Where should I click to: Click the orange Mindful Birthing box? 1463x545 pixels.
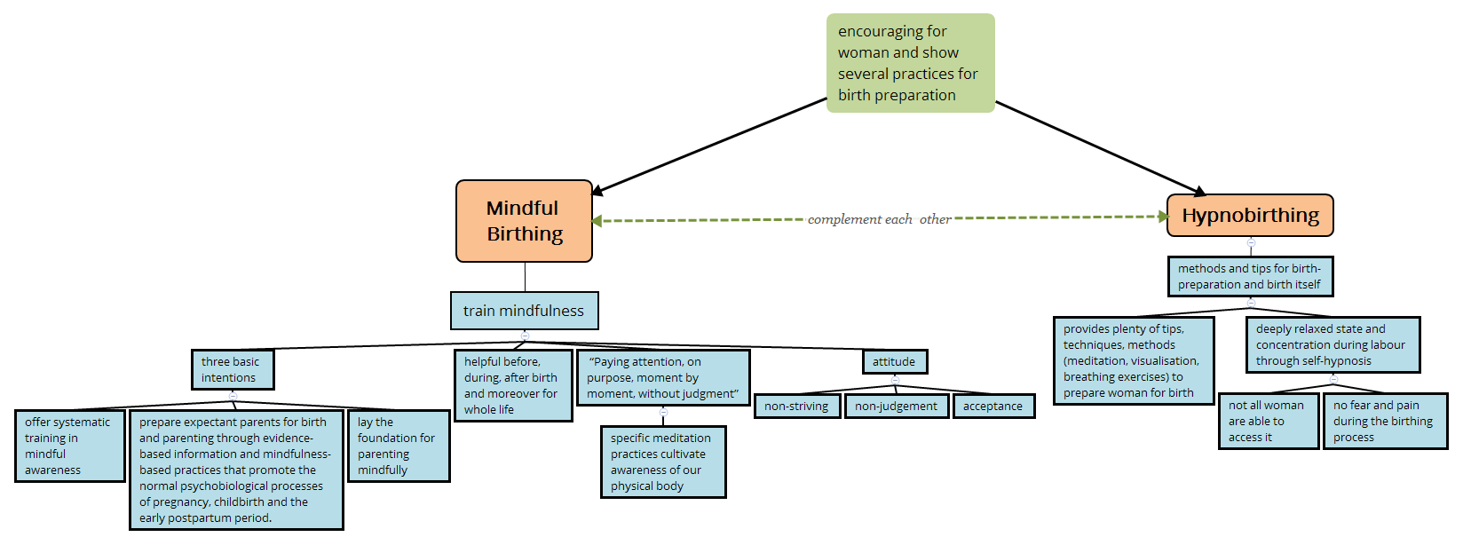pos(524,221)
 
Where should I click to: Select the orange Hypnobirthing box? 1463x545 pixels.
pos(1250,216)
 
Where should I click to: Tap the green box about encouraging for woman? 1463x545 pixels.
pos(910,63)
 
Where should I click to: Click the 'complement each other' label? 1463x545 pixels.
pos(879,219)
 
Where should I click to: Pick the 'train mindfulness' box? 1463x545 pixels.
pos(524,311)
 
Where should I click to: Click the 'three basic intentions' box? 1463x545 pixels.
pos(233,369)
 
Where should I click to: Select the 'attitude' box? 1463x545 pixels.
pos(894,361)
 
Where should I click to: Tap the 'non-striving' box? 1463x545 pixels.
pos(796,407)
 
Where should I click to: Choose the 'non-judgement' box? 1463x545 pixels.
pos(896,407)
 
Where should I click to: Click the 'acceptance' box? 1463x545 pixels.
pos(993,407)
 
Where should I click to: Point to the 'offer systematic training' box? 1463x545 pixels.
pos(69,446)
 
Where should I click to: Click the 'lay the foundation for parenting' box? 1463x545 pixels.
pos(398,446)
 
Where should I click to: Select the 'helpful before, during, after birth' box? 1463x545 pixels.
pos(512,385)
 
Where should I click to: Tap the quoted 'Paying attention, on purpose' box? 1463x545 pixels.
pos(663,377)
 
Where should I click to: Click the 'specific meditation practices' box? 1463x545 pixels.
pos(662,462)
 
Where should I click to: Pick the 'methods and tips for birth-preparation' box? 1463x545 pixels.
pos(1250,276)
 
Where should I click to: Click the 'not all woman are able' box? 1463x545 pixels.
pos(1268,421)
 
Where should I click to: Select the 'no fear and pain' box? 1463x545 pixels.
pos(1384,421)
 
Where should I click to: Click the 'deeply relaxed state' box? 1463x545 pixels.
pos(1332,344)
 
